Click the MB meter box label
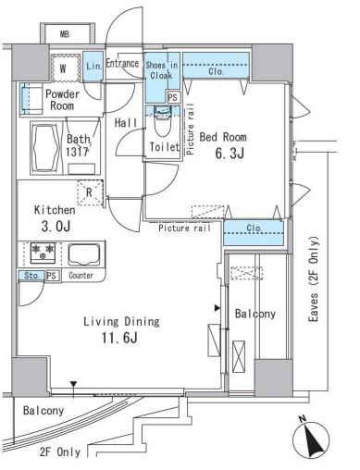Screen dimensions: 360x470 pyautogui.click(x=65, y=34)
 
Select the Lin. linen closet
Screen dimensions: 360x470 pyautogui.click(x=93, y=67)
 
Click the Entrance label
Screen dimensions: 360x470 pyautogui.click(x=122, y=63)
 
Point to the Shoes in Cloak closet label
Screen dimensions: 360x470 pyautogui.click(x=162, y=70)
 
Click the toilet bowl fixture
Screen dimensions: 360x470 pyautogui.click(x=162, y=120)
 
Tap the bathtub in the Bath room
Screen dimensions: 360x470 pyautogui.click(x=46, y=148)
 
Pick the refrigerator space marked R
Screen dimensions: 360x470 pyautogui.click(x=90, y=192)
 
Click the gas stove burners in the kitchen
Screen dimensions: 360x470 pyautogui.click(x=43, y=253)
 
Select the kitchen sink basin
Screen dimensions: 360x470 pyautogui.click(x=84, y=254)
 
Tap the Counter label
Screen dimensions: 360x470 pyautogui.click(x=81, y=275)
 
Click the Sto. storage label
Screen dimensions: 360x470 pyautogui.click(x=31, y=276)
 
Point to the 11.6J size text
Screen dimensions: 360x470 pyautogui.click(x=119, y=338)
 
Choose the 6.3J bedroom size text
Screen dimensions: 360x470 pyautogui.click(x=230, y=154)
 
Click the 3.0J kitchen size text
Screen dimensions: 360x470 pyautogui.click(x=56, y=227)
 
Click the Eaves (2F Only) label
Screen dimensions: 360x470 pyautogui.click(x=313, y=279)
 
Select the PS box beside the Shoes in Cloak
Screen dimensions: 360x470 pyautogui.click(x=173, y=97)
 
